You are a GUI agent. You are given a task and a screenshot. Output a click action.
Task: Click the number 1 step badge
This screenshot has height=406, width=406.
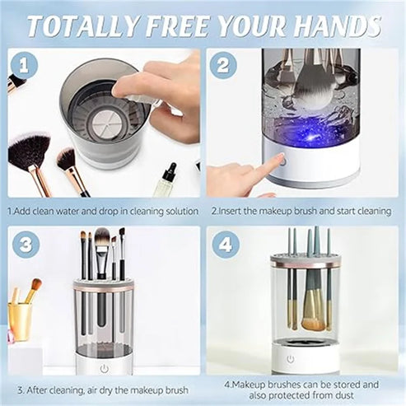coord(24,66)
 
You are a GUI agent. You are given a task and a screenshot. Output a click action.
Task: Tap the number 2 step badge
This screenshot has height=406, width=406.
coord(223,66)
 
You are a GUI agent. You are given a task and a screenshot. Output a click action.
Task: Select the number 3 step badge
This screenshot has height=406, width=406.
coord(26,245)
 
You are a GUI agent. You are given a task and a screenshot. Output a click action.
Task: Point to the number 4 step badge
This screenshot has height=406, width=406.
coord(226,245)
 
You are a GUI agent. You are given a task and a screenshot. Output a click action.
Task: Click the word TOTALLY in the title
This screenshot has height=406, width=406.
coord(83,26)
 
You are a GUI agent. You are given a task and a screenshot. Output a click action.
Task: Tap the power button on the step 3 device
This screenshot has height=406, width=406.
coord(104,369)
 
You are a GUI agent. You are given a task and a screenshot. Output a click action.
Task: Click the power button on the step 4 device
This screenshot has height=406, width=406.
coord(291,359)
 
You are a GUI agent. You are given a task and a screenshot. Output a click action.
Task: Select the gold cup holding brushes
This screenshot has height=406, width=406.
coord(19,321)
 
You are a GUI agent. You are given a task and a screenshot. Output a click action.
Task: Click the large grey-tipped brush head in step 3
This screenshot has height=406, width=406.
coord(102,238)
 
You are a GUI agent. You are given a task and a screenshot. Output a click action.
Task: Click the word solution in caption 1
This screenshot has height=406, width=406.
coord(180,212)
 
